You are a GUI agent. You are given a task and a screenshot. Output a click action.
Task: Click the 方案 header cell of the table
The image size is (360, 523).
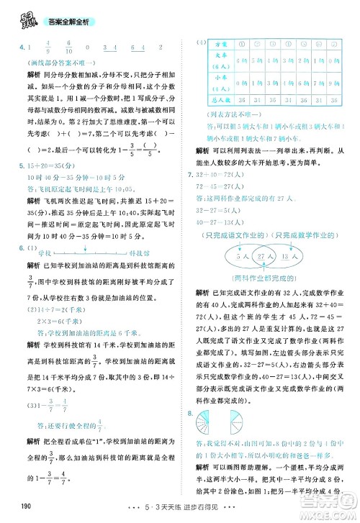pyautogui.click(x=222, y=44)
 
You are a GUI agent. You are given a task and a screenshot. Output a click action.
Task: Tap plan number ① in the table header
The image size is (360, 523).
pyautogui.click(x=243, y=44)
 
